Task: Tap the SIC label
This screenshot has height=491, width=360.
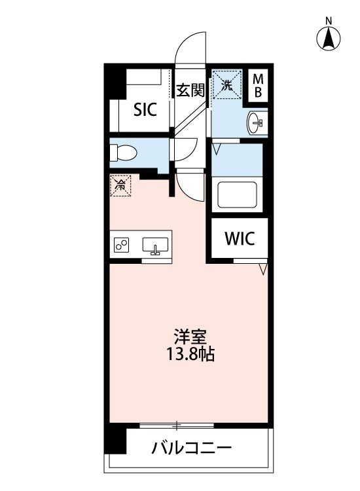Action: point(145,110)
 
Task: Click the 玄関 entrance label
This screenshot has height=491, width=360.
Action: point(190,90)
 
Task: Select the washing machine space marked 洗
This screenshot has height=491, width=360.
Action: point(227,84)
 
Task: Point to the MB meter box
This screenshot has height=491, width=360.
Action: point(258,86)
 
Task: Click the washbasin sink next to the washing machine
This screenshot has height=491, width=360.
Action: point(257,123)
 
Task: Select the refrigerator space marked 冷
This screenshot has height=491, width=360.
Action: point(120,186)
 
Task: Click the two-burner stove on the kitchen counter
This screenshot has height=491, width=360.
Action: point(122,245)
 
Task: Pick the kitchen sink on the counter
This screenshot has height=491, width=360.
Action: point(155,245)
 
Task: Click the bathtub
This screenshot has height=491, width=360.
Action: point(238,194)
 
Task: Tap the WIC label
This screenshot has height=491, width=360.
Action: point(240,239)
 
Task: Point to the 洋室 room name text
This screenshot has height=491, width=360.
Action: point(190,336)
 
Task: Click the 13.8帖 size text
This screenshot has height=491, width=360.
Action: point(190,354)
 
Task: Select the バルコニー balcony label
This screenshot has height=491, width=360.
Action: point(192,448)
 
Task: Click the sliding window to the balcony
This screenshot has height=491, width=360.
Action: point(177,426)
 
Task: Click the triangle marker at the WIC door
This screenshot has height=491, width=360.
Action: point(263,269)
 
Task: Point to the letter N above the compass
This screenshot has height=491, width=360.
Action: point(329,21)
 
